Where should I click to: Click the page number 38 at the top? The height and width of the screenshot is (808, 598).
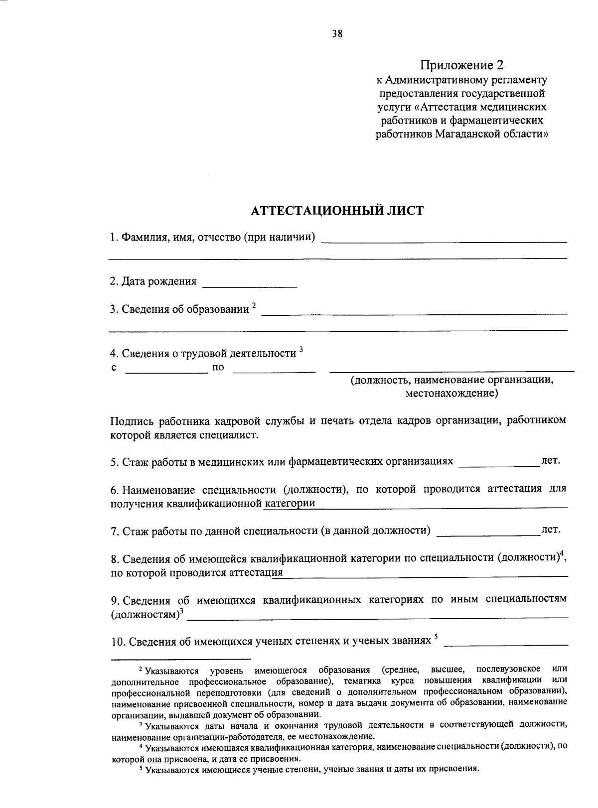pyautogui.click(x=337, y=34)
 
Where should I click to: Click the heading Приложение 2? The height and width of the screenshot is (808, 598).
pyautogui.click(x=462, y=65)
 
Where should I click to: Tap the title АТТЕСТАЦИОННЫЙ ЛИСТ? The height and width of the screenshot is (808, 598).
pyautogui.click(x=336, y=211)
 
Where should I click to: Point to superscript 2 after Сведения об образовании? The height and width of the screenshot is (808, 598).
pyautogui.click(x=254, y=305)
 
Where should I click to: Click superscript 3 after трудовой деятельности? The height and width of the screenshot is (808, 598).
pyautogui.click(x=300, y=349)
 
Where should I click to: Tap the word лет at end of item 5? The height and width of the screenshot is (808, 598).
pyautogui.click(x=551, y=460)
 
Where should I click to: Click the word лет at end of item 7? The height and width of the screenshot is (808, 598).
pyautogui.click(x=551, y=529)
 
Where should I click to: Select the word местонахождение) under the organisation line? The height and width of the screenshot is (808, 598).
pyautogui.click(x=451, y=394)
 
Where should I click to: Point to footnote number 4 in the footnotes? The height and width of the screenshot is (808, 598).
pyautogui.click(x=141, y=747)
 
